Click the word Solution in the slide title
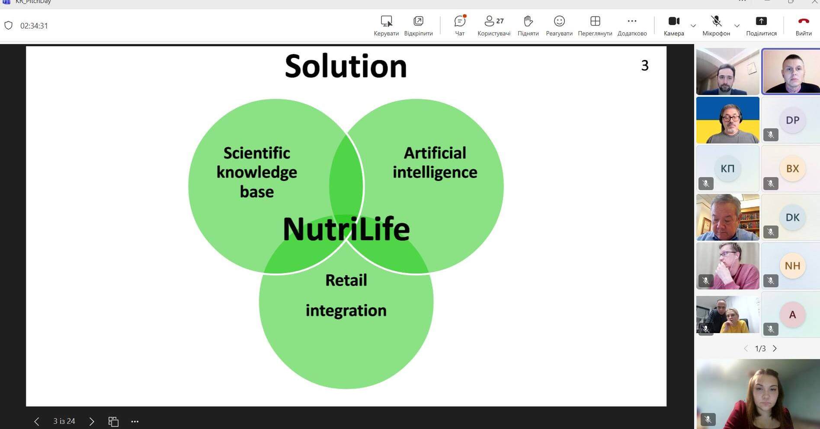click(x=346, y=66)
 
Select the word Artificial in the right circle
click(x=435, y=153)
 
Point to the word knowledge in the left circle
click(x=257, y=172)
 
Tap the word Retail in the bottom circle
click(x=346, y=280)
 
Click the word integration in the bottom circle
click(x=346, y=311)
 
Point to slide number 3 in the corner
click(x=645, y=65)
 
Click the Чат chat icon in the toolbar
click(x=460, y=21)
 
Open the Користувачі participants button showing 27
click(x=494, y=21)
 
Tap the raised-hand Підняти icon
click(x=528, y=21)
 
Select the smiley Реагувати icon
click(x=559, y=21)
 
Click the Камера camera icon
click(x=674, y=21)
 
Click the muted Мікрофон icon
click(x=716, y=21)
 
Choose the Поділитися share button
click(x=761, y=21)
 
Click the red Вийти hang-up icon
click(x=804, y=21)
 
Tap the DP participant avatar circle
click(x=792, y=120)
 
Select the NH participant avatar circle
click(x=792, y=266)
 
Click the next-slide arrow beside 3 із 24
click(x=91, y=421)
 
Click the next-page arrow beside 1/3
click(x=775, y=348)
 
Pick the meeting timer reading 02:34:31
click(x=34, y=26)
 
